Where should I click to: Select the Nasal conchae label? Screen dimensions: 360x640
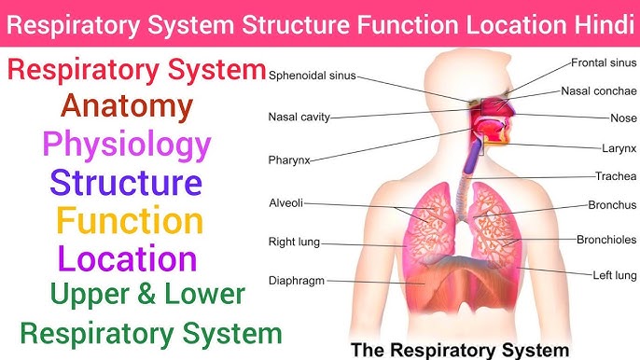(x=599, y=91)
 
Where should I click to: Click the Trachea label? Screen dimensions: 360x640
(x=616, y=176)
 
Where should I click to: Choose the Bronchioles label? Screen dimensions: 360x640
(x=606, y=240)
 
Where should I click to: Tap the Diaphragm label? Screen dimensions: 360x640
(x=298, y=280)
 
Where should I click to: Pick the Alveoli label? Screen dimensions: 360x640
(x=285, y=202)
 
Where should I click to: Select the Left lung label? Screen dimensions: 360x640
(x=614, y=275)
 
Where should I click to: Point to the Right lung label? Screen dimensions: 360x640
(x=294, y=242)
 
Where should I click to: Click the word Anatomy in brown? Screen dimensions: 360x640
(x=126, y=107)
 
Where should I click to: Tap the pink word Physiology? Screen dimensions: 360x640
(x=126, y=145)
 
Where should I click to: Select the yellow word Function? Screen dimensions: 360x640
(x=129, y=221)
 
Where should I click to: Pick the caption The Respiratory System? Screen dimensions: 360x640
(x=458, y=350)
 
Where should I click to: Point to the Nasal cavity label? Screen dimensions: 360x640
(x=299, y=118)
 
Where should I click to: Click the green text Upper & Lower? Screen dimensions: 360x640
(x=147, y=295)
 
